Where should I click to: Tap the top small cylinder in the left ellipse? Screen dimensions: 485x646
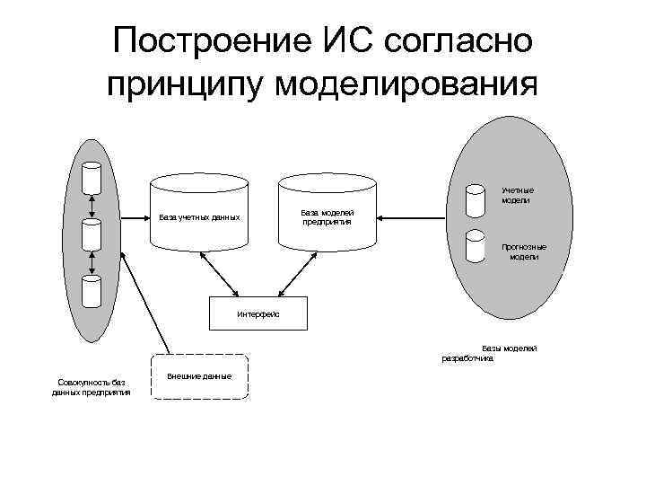pos(92,178)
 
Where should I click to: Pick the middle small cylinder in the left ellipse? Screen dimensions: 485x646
pos(92,234)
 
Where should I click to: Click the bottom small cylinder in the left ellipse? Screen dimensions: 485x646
pos(92,291)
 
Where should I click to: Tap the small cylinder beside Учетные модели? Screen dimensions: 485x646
pos(474,202)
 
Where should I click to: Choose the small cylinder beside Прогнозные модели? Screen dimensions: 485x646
pos(474,250)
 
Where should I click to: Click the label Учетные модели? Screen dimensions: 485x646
pos(518,195)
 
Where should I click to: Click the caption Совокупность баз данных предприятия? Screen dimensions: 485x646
pos(91,387)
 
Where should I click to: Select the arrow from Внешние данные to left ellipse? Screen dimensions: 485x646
pos(148,305)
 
